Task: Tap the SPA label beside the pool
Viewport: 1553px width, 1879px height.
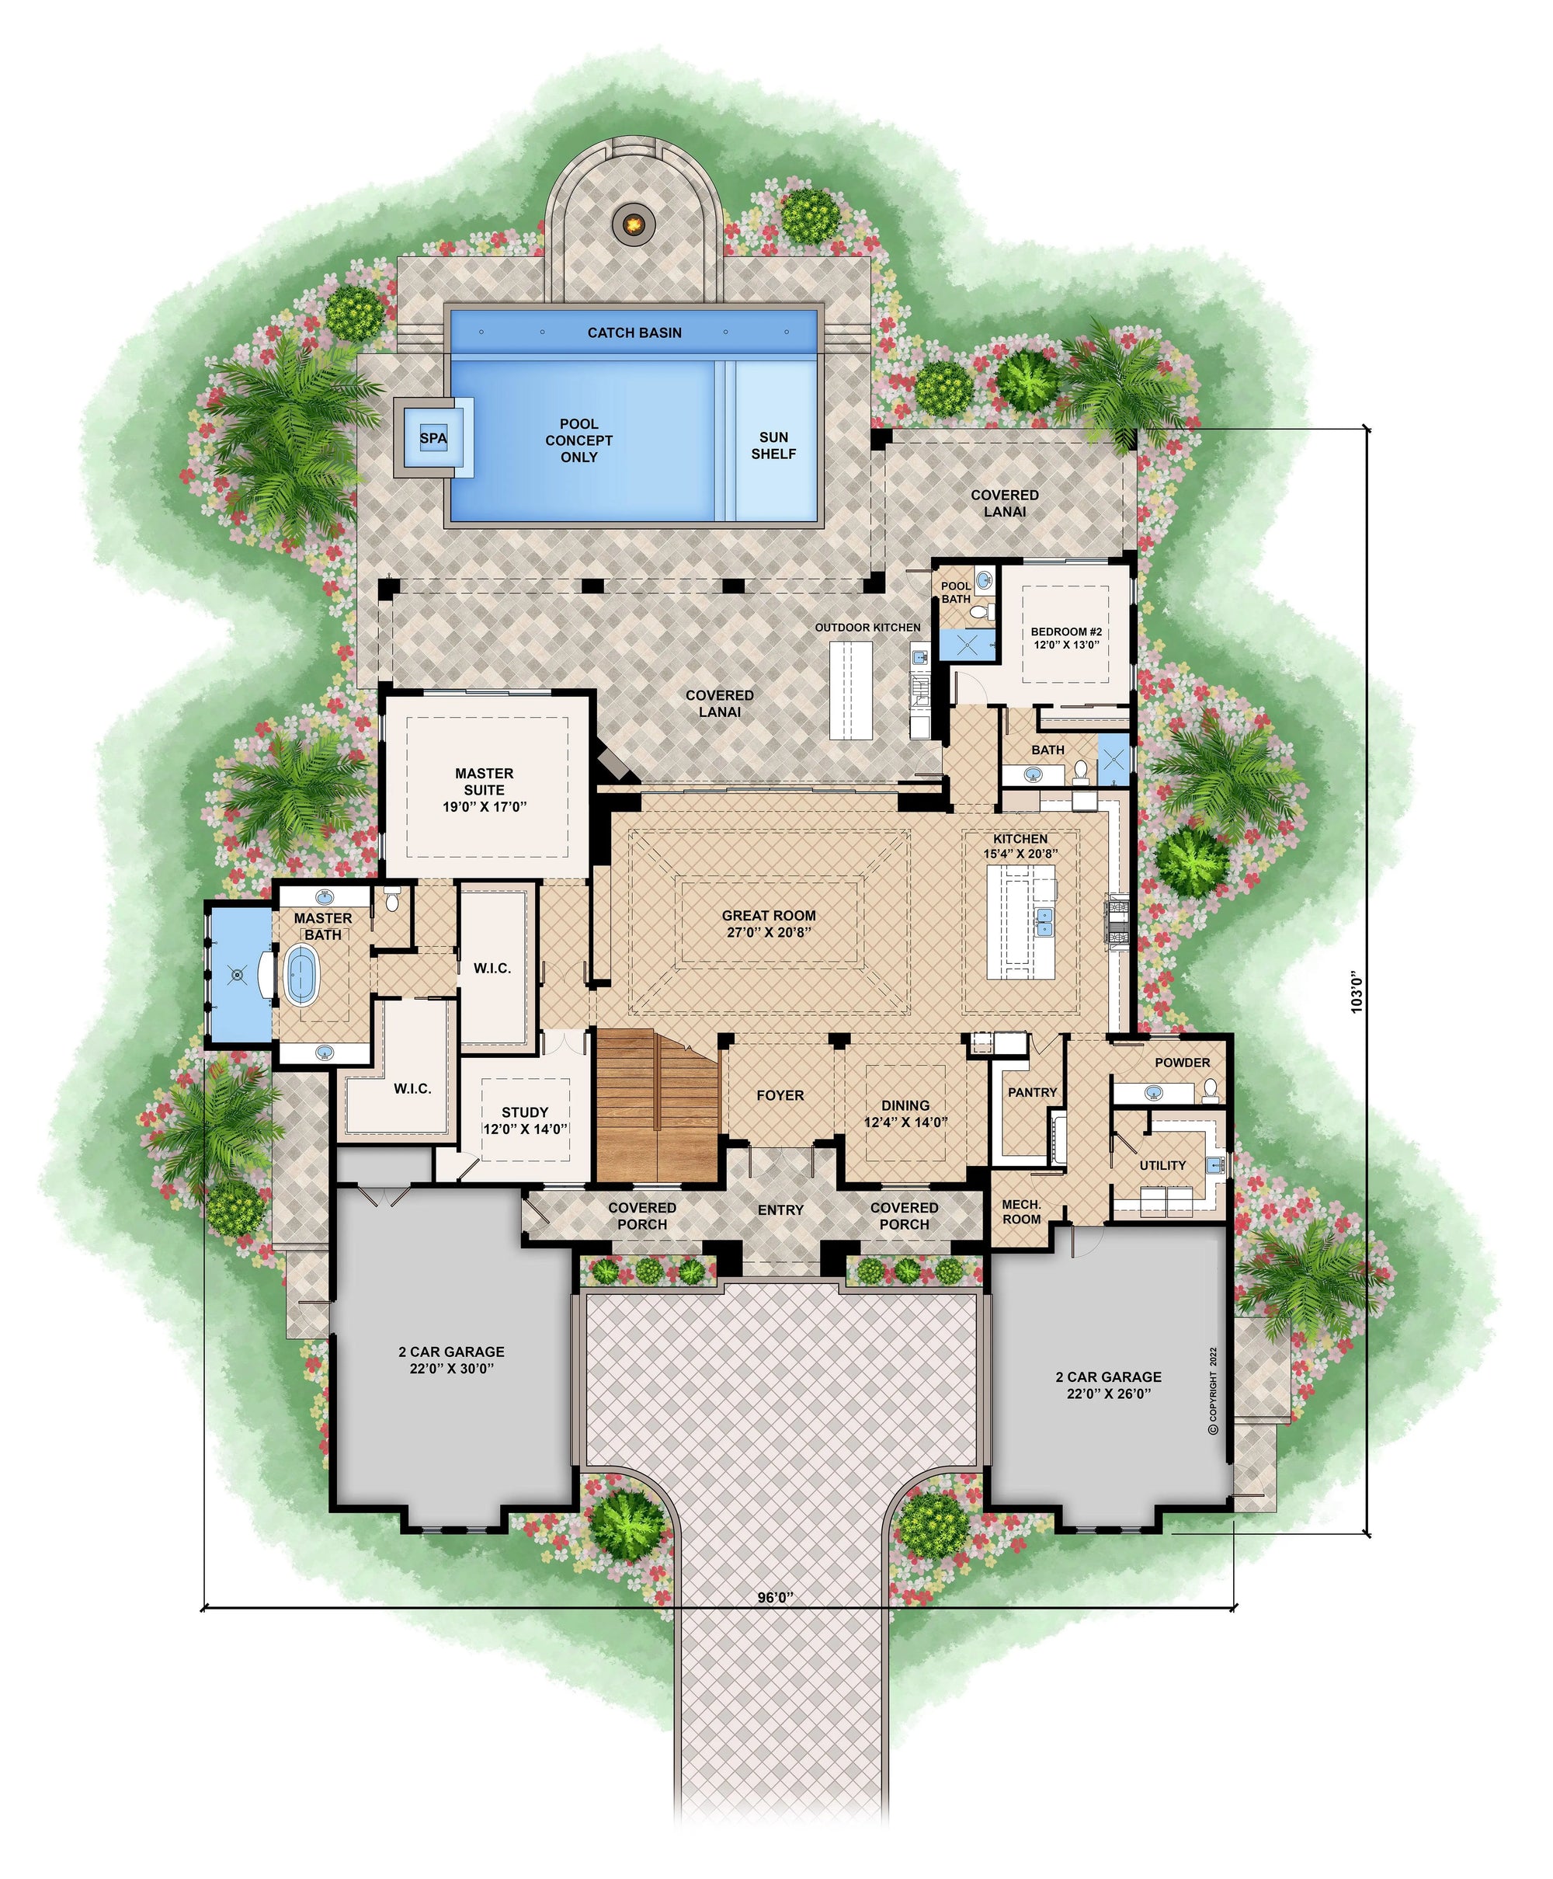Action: click(x=433, y=438)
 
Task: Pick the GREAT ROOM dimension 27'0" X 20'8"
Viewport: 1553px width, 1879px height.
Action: click(x=770, y=932)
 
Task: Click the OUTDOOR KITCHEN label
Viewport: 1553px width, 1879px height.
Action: click(x=867, y=627)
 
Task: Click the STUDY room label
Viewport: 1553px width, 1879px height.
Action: click(x=525, y=1112)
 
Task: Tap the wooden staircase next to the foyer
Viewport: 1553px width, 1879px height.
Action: click(x=658, y=1106)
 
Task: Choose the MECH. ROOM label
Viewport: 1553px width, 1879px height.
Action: click(x=1022, y=1212)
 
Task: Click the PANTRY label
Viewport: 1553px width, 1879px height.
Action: click(x=1032, y=1092)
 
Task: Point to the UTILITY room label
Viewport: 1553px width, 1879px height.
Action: click(x=1163, y=1165)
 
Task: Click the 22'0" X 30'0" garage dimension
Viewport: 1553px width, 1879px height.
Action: click(x=452, y=1368)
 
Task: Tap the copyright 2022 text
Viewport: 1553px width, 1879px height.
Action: click(x=1213, y=1390)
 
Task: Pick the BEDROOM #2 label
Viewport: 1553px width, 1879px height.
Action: click(x=1066, y=632)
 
